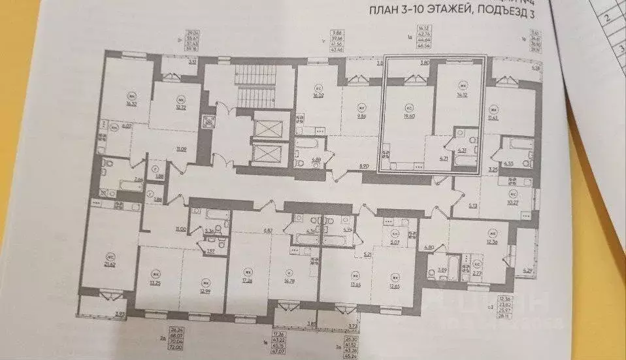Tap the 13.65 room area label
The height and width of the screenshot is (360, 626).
357,284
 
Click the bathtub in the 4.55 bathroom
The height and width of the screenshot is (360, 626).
517,144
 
